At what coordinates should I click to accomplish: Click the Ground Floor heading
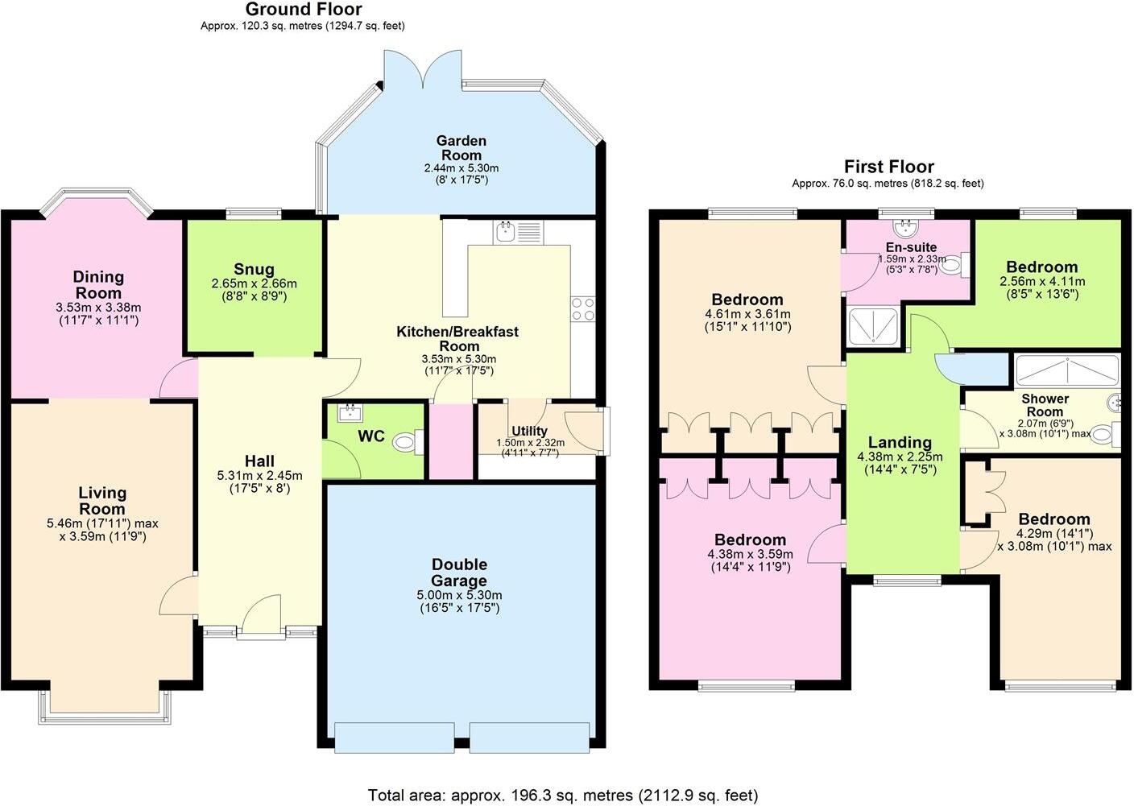[x=303, y=10]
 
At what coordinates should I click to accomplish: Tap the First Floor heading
[x=888, y=167]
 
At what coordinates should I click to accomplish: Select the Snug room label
[x=254, y=269]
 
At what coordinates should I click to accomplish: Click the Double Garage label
[x=459, y=572]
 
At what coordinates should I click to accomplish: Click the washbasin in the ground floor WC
[x=350, y=413]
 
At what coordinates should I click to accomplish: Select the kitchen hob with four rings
[x=582, y=308]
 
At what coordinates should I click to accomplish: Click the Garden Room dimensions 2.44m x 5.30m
[x=461, y=168]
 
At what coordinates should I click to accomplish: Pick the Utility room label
[x=529, y=431]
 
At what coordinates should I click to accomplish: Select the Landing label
[x=900, y=442]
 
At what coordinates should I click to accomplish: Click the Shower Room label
[x=1045, y=405]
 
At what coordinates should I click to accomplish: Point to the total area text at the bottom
[x=563, y=796]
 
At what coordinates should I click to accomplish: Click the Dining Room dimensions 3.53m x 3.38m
[x=98, y=308]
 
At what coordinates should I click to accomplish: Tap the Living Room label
[x=102, y=500]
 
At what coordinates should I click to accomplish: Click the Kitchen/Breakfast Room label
[x=457, y=338]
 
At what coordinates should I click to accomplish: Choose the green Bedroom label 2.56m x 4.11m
[x=1041, y=267]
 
